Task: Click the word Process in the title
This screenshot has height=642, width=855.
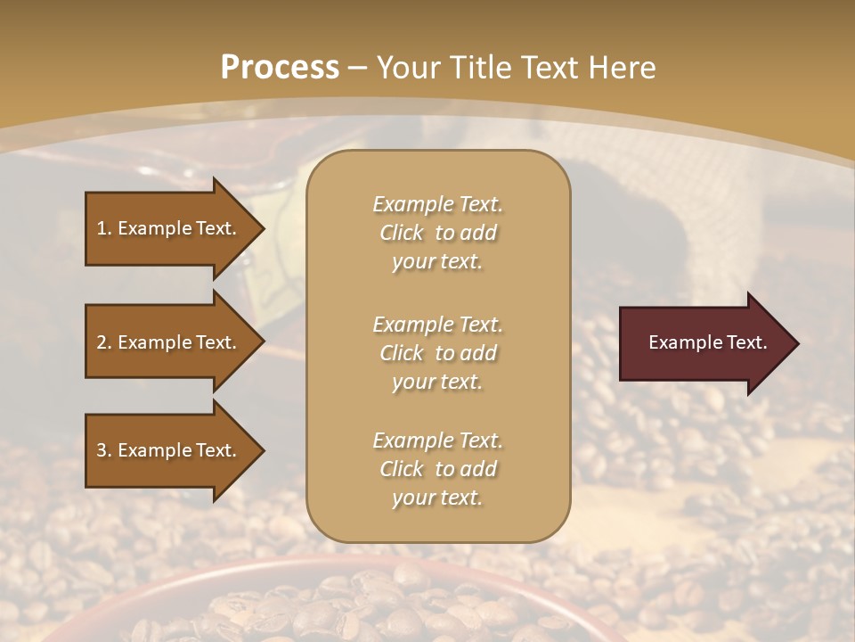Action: (280, 68)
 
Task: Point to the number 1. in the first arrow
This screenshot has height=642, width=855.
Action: (104, 228)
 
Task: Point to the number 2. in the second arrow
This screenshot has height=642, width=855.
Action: (104, 342)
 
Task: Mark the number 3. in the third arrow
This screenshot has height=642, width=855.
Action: (104, 450)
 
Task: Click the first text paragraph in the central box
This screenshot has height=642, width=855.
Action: (437, 233)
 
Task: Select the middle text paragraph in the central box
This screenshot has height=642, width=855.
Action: (437, 352)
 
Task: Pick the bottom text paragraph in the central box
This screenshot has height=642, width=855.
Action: (437, 469)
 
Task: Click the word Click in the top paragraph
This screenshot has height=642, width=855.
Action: (402, 233)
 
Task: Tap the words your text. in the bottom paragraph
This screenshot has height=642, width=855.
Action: (437, 498)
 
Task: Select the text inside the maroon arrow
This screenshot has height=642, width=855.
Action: (707, 342)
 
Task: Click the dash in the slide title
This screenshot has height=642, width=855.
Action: (358, 68)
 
